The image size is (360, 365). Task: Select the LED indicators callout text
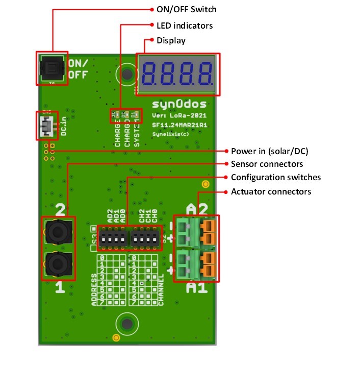[185, 25]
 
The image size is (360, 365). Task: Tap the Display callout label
[171, 40]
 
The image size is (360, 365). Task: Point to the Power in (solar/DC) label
[270, 151]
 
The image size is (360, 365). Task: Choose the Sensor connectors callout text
[267, 164]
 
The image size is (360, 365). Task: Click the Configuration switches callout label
[276, 177]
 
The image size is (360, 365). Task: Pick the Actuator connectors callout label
[271, 191]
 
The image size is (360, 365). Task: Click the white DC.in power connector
[46, 125]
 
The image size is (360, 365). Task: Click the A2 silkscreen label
[197, 209]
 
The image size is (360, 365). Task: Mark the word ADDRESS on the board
[94, 289]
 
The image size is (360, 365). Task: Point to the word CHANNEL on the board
[161, 289]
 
